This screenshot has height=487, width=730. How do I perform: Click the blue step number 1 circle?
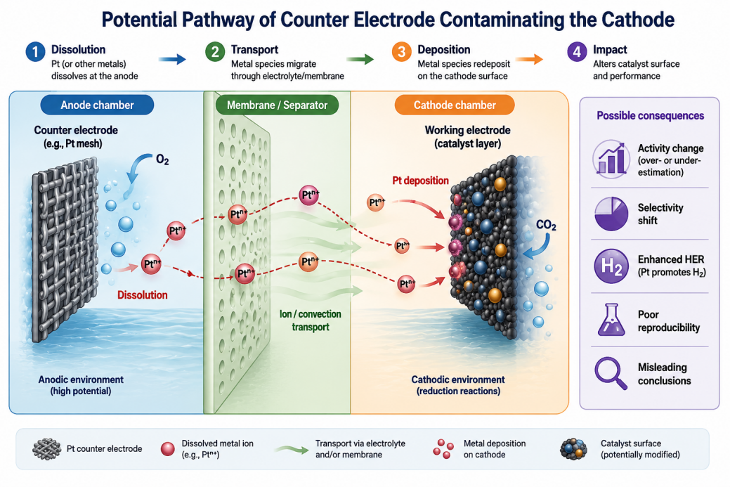[35, 52]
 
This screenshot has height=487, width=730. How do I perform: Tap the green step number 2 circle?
[215, 52]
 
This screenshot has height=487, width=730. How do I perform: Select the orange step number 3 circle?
[401, 52]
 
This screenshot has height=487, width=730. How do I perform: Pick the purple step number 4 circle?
[577, 52]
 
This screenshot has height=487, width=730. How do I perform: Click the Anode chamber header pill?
[97, 105]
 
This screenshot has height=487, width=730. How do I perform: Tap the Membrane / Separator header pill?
[277, 105]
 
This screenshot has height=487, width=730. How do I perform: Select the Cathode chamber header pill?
[455, 105]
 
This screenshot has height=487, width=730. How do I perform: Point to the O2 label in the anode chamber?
[162, 160]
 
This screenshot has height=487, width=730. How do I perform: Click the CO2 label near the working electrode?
[546, 226]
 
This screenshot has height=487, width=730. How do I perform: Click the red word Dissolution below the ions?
[143, 295]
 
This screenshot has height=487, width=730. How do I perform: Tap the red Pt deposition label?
[420, 181]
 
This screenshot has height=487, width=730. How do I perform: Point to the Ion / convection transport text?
[311, 320]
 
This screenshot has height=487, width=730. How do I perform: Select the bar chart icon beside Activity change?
[611, 160]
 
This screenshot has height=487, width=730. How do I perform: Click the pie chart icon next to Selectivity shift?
[611, 214]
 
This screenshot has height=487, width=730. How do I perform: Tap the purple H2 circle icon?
[611, 266]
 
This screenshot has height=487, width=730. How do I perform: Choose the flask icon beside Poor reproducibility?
[611, 320]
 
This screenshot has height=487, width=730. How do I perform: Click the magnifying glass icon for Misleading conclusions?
[611, 372]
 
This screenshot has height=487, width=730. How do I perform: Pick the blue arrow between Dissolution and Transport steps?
[172, 59]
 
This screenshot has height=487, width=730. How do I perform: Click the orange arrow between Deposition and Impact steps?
[529, 59]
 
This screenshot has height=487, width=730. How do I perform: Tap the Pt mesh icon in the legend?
[47, 449]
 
